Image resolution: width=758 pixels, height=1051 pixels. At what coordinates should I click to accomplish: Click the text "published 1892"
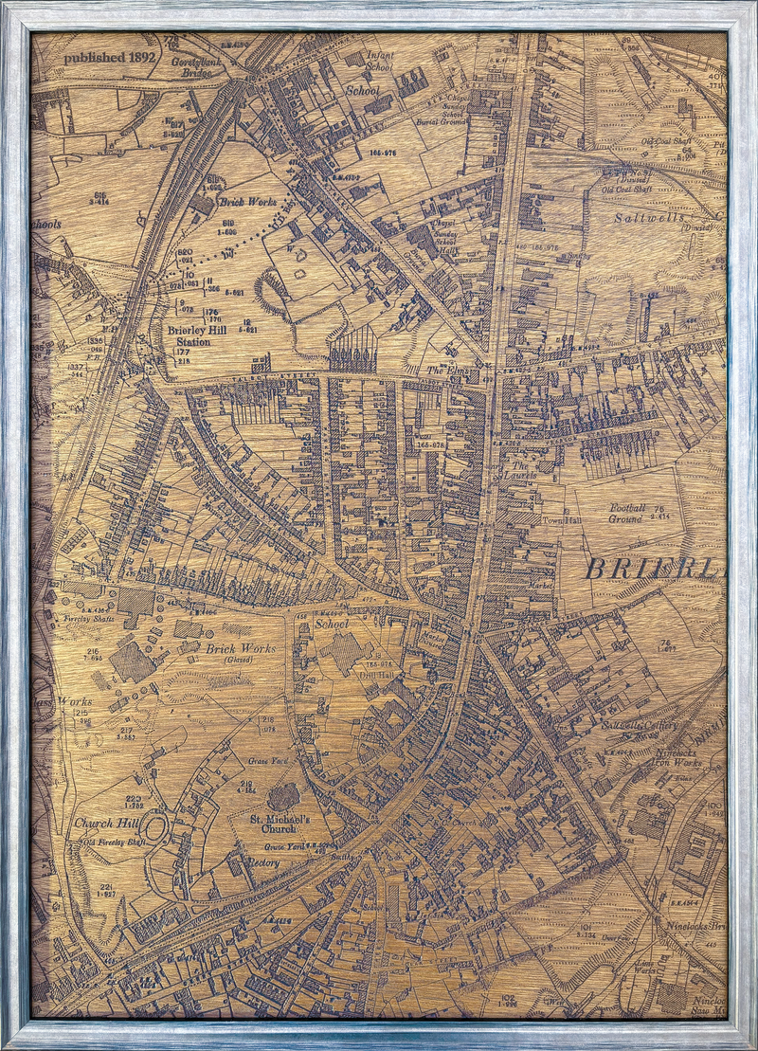[109, 57]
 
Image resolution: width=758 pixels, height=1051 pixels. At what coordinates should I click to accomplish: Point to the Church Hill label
[109, 824]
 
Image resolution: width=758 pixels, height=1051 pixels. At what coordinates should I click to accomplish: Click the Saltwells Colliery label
[642, 726]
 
